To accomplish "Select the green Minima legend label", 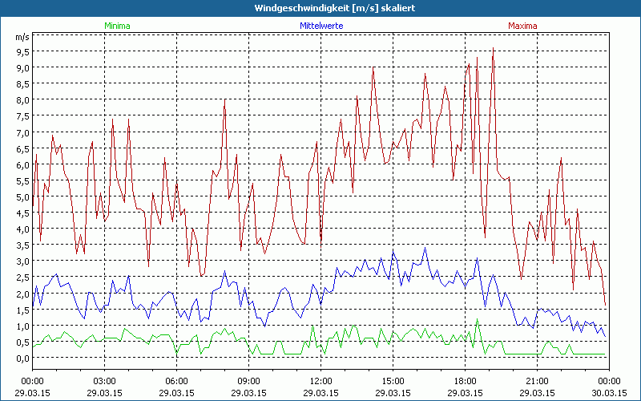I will point(116,26).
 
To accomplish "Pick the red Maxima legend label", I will point(522,26).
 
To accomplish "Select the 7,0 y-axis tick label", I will point(22,132).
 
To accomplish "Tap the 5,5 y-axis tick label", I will point(22,180).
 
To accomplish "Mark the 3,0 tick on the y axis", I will point(22,261).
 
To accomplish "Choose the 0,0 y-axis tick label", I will point(22,358).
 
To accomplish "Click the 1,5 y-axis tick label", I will point(22,310).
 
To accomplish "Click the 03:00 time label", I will point(105,381).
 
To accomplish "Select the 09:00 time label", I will point(249,381).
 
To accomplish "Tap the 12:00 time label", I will point(321,381).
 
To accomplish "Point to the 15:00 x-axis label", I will point(393,381).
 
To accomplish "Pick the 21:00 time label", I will point(538,381).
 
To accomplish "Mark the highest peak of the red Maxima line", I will point(493,50).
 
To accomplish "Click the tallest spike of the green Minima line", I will point(478,319).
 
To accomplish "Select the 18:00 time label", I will point(466,381).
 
